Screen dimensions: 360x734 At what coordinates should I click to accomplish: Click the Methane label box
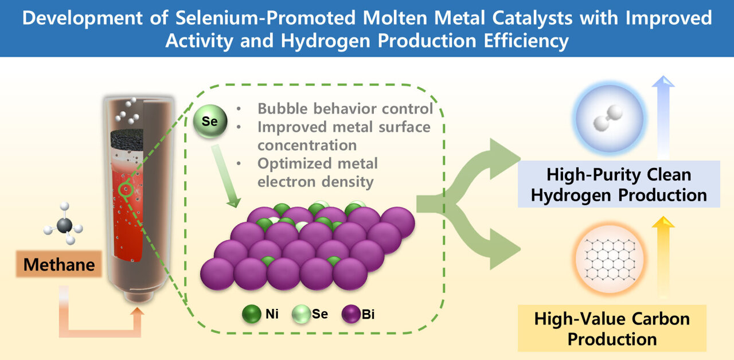pyautogui.click(x=59, y=265)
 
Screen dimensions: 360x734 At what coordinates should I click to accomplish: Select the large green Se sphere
pyautogui.click(x=210, y=122)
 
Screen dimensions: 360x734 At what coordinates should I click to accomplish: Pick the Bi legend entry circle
pyautogui.click(x=350, y=315)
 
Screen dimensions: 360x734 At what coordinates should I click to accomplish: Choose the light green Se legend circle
pyautogui.click(x=300, y=315)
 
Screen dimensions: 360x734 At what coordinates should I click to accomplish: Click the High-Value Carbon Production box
pyautogui.click(x=612, y=328)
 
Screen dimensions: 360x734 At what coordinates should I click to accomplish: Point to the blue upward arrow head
pyautogui.click(x=663, y=83)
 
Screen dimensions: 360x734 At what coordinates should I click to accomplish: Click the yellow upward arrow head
pyautogui.click(x=663, y=222)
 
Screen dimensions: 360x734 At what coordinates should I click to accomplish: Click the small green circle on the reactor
pyautogui.click(x=126, y=189)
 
